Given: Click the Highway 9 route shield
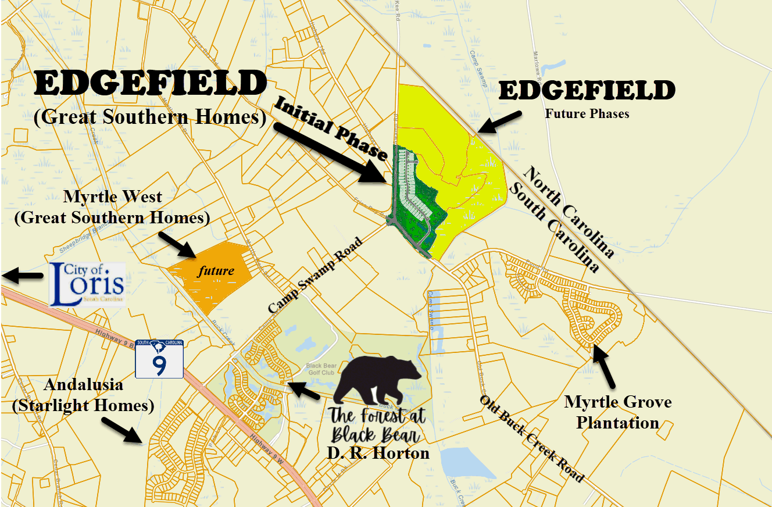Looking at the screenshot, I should [159, 359].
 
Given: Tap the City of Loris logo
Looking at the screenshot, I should [87, 284].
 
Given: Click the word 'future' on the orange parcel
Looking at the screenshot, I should [216, 270].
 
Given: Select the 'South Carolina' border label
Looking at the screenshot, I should [553, 227].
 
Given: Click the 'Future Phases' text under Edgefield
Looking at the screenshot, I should [587, 113].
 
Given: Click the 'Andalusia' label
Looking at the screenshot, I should [83, 384].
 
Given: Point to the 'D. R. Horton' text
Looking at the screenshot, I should [379, 452].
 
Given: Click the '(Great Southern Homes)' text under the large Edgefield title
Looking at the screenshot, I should [150, 117].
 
